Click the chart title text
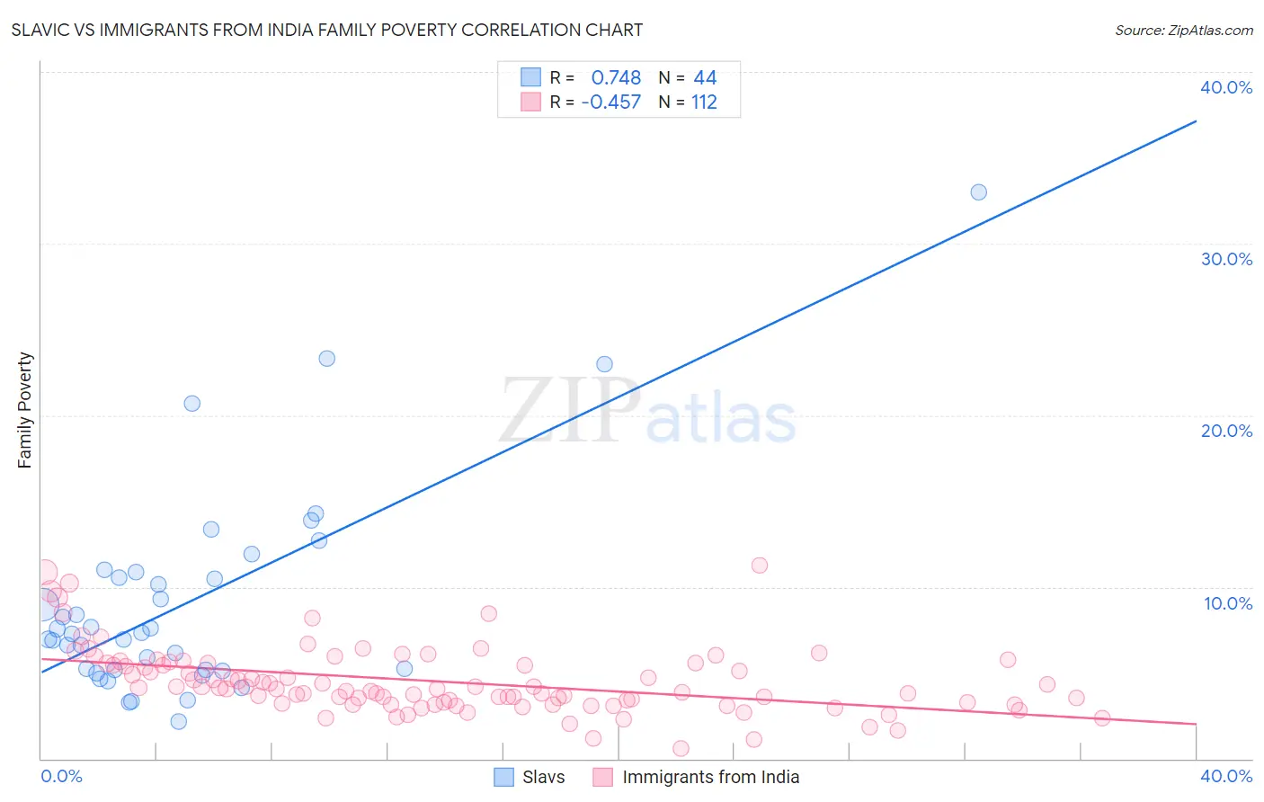pos(326,30)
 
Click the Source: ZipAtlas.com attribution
pos(1183,30)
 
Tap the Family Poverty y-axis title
pos(24,410)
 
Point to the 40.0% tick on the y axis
pos(1226,87)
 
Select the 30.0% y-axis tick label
pos(1226,259)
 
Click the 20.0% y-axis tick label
pos(1226,431)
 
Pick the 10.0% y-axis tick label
pos(1228,603)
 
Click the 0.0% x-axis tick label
pos(61,776)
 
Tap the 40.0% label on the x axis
pos(1226,776)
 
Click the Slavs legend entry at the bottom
pos(543,777)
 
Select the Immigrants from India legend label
pos(710,777)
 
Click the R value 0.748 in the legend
pos(616,78)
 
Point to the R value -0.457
pos(611,102)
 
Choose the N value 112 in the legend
pos(704,102)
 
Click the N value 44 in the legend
pos(705,78)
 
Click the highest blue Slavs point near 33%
pos(978,192)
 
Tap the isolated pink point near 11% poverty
pos(760,566)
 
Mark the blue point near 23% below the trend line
pos(604,364)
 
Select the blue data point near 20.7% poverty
pos(191,404)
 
